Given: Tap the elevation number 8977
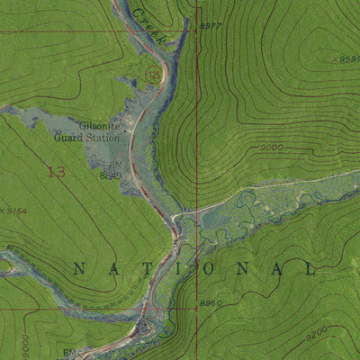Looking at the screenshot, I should [x=209, y=27].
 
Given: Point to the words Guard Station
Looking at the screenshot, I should [x=99, y=138].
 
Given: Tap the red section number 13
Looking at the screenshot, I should [x=56, y=171].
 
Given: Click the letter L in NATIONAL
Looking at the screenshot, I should [x=312, y=268].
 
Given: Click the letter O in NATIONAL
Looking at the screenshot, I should [x=215, y=268].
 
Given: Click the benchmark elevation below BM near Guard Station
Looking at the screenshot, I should [x=110, y=176].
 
